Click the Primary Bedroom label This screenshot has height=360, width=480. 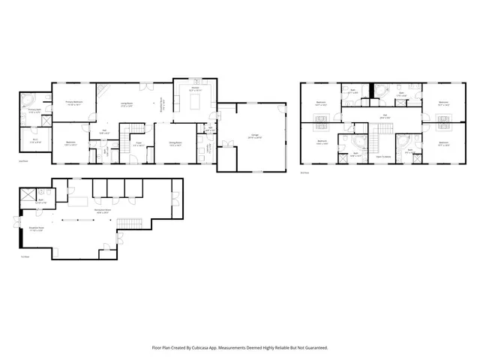pyautogui.click(x=73, y=102)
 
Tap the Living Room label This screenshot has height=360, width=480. pyautogui.click(x=127, y=105)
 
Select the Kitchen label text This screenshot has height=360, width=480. pyautogui.click(x=194, y=88)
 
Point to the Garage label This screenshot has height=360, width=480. pyautogui.click(x=245, y=136)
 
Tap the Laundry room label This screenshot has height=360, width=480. pyautogui.click(x=211, y=127)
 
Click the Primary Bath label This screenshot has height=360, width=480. pyautogui.click(x=34, y=111)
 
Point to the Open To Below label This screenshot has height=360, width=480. pyautogui.click(x=382, y=157)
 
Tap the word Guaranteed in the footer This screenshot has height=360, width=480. pyautogui.click(x=313, y=347)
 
